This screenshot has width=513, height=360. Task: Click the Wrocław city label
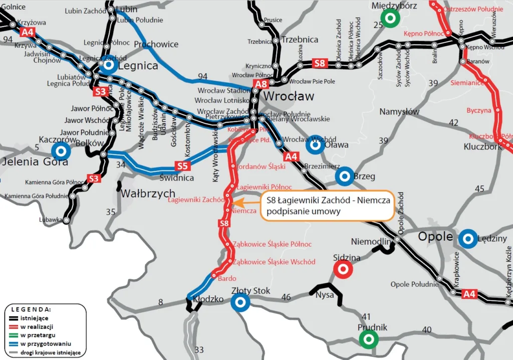(x=289, y=96)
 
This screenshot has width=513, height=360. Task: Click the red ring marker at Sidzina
(x=343, y=269)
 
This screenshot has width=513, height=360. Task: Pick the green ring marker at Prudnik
(x=369, y=339)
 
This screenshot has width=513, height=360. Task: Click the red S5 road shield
(x=182, y=165)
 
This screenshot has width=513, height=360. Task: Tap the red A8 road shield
(x=261, y=84)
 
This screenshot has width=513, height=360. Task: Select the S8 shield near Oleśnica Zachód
(x=319, y=63)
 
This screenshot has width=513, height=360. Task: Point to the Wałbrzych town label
(x=148, y=194)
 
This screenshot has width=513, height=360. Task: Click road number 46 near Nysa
(x=286, y=297)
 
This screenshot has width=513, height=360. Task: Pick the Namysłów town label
(x=399, y=111)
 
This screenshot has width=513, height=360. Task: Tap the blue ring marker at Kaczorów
(x=61, y=150)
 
